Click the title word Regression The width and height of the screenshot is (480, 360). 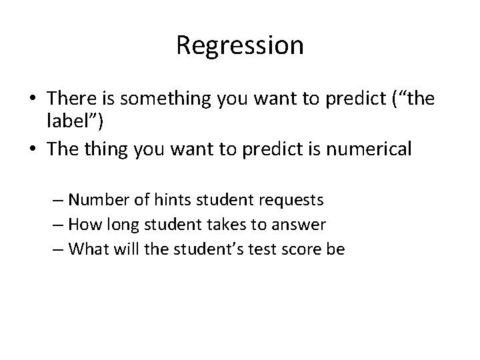point(240,45)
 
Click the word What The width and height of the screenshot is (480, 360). point(86,249)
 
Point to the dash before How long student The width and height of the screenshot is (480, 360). point(58,224)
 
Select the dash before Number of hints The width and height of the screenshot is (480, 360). point(58,199)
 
